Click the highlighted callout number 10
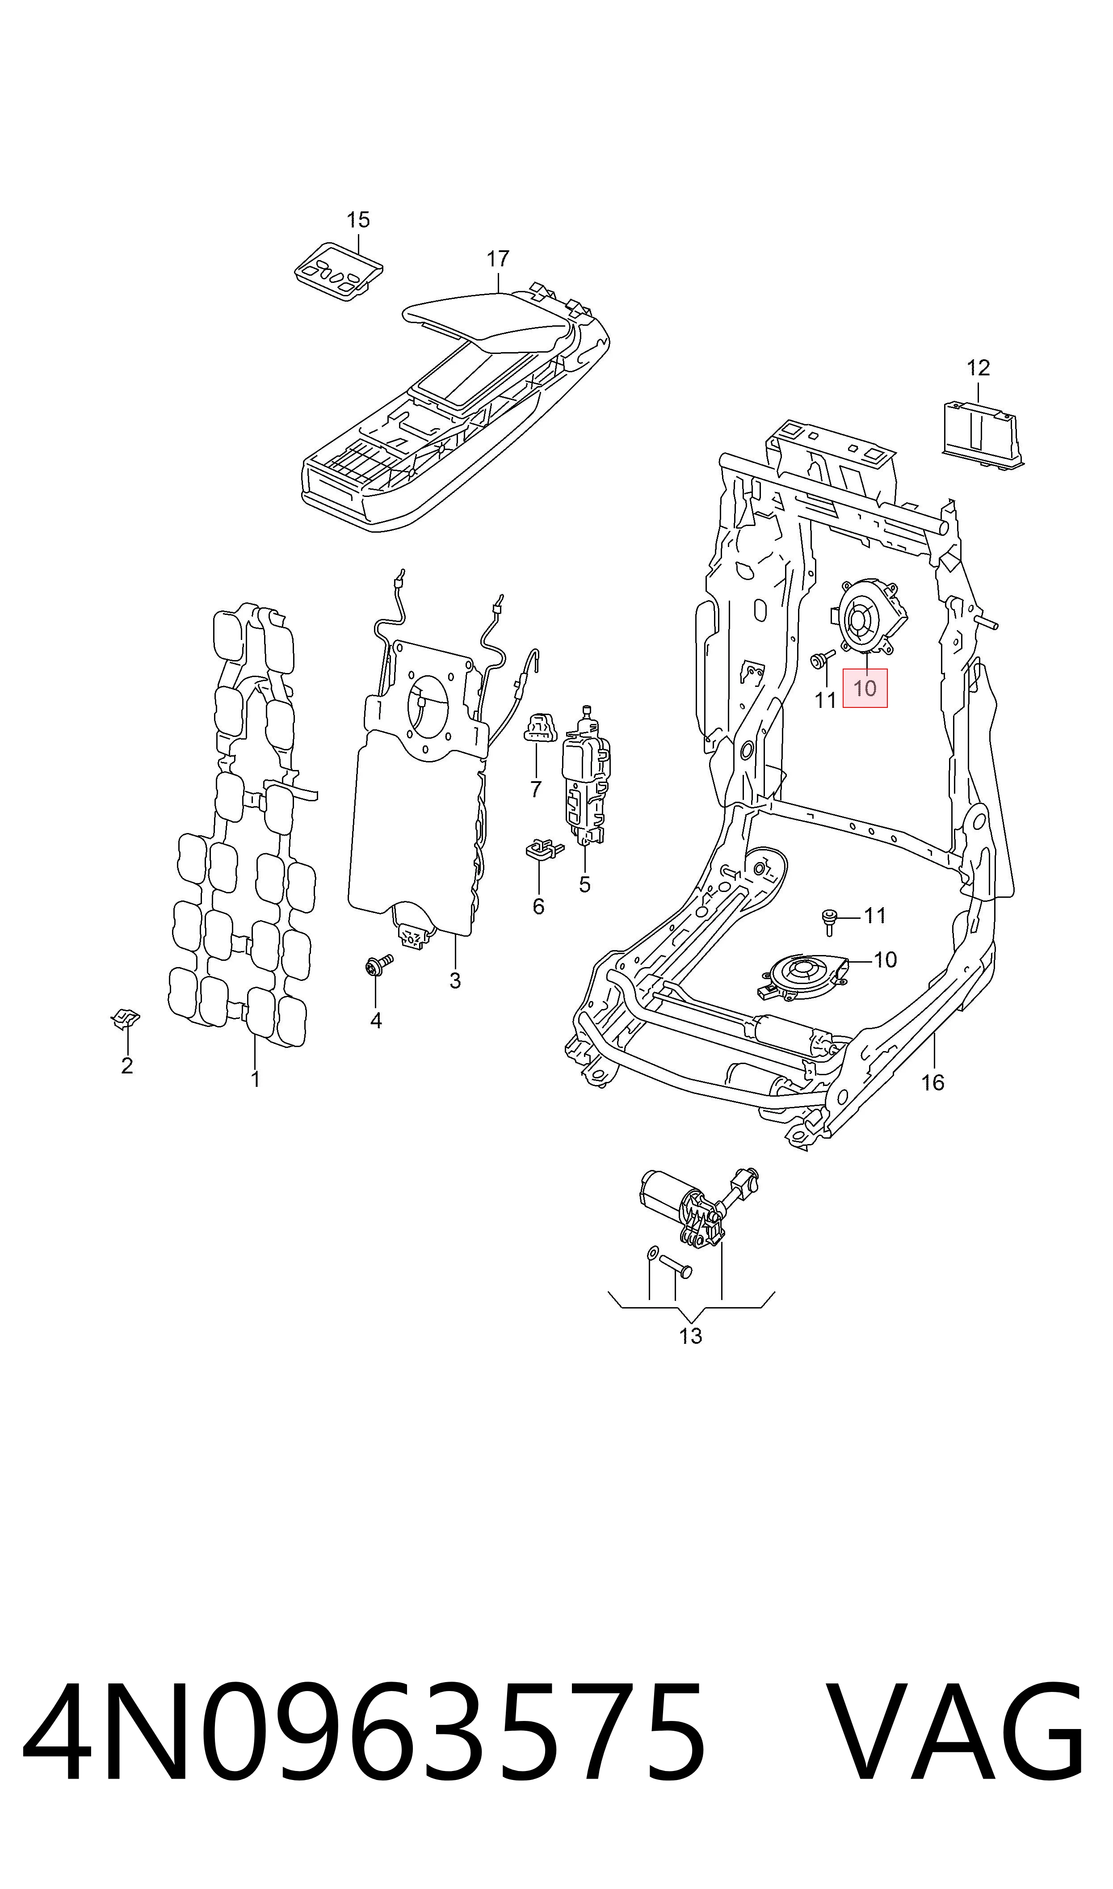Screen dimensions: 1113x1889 (x=865, y=688)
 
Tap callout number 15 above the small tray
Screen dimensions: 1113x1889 (x=358, y=220)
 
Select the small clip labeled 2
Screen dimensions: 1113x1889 (x=125, y=1019)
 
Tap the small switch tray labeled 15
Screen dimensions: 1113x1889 (x=339, y=271)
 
